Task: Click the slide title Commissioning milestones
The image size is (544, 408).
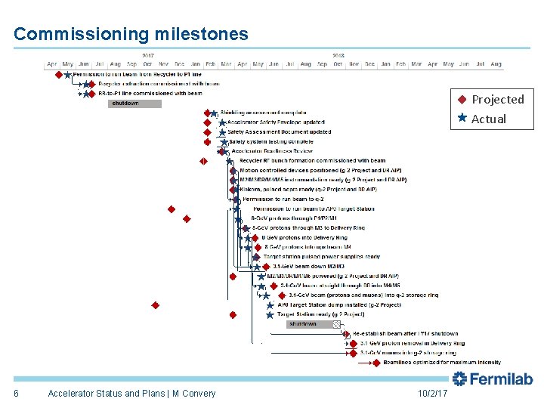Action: pos(131,34)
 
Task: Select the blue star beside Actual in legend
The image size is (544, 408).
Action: pos(462,119)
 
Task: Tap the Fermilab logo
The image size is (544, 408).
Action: pos(493,379)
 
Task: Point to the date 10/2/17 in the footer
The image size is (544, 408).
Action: pos(432,394)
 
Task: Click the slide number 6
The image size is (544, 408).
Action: pos(16,394)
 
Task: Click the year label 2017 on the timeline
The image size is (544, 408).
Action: pos(148,55)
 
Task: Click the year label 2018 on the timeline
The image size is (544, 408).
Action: pos(338,55)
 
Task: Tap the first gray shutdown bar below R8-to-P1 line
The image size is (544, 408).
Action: pos(125,104)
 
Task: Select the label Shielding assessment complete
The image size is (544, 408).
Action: pos(263,113)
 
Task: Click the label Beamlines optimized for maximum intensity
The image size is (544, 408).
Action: pos(431,363)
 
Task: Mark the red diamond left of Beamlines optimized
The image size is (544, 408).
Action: pos(377,363)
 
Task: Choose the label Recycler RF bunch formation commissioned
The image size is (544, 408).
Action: pos(312,161)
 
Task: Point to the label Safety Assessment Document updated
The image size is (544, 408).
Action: pos(279,132)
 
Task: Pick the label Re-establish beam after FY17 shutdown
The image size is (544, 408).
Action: pos(405,333)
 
